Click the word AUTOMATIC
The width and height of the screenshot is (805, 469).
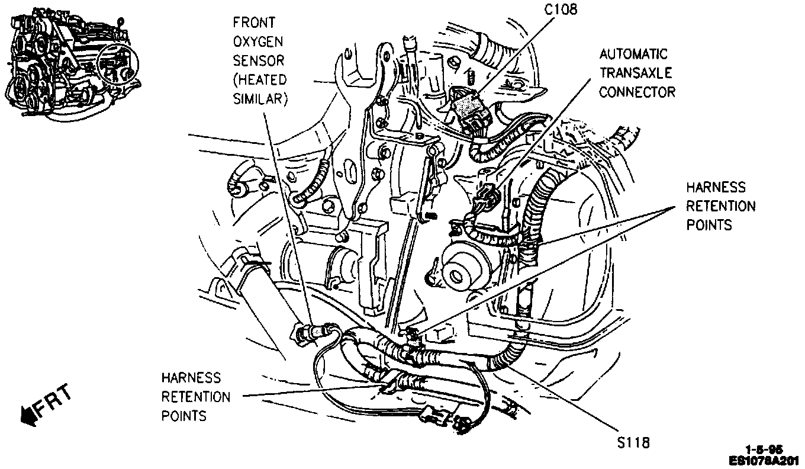(x=633, y=54)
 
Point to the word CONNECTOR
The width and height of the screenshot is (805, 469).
(x=637, y=92)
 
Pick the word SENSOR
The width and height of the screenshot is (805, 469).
(x=259, y=60)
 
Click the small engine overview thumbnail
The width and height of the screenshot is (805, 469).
(x=71, y=59)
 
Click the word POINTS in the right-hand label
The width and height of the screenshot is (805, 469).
(x=709, y=225)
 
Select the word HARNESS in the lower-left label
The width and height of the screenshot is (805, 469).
(x=191, y=378)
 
